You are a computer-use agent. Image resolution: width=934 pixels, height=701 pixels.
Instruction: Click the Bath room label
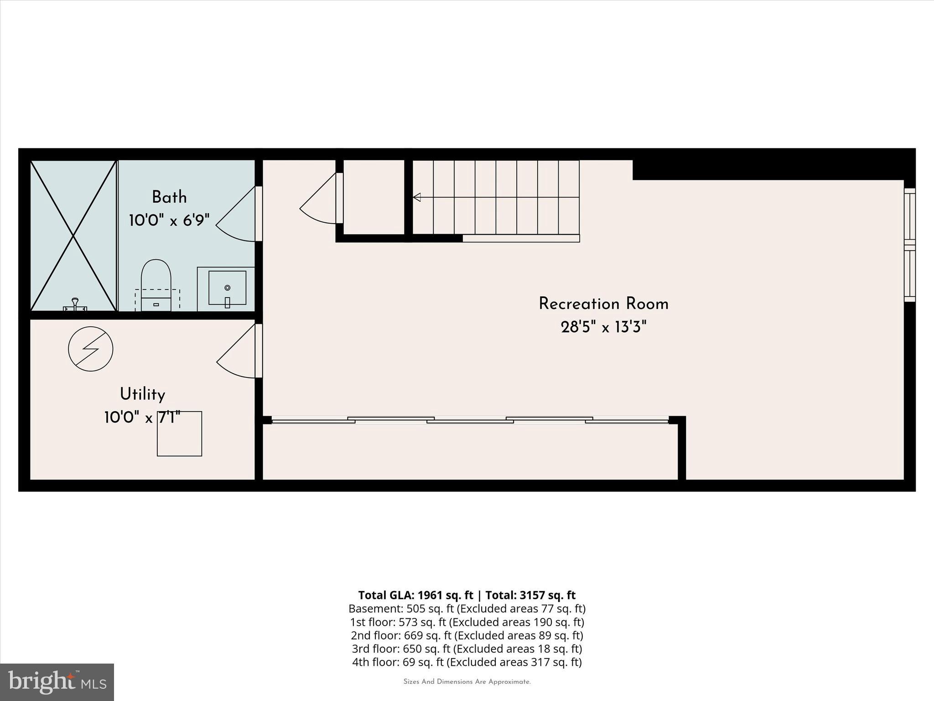169,198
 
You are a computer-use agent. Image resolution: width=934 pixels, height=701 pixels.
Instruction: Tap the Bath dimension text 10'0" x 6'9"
169,221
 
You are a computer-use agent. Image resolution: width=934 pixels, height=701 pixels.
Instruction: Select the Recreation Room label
603,304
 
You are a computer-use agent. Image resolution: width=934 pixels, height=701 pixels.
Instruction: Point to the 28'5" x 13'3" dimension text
603,327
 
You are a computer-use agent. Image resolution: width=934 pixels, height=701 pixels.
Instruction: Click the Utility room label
142,394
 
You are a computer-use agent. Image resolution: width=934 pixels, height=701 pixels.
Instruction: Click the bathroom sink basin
227,288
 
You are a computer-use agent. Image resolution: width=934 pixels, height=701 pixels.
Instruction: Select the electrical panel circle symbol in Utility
90,349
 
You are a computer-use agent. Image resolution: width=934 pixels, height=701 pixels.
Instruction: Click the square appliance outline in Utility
179,434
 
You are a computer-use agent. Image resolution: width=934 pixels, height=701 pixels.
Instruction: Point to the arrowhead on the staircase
416,197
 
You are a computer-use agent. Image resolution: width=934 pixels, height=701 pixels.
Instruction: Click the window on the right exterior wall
909,245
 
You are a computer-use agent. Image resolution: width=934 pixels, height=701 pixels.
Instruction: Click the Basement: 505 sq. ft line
467,608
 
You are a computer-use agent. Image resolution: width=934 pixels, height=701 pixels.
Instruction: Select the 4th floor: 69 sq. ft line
467,662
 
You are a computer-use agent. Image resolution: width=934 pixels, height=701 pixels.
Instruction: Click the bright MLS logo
57,682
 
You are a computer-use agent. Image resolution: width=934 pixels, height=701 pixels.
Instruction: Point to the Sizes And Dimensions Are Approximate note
467,682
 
